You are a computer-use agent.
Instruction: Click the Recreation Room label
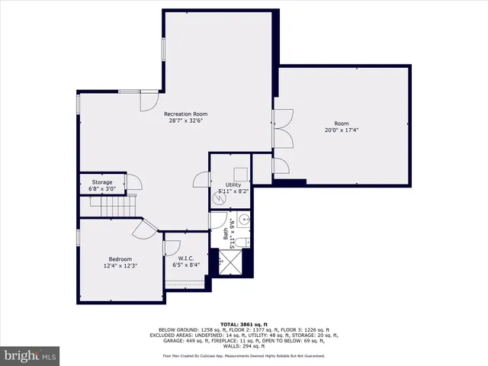[x=186, y=114]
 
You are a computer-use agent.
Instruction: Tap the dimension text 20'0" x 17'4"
[x=341, y=130]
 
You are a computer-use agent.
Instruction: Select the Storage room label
[x=102, y=182]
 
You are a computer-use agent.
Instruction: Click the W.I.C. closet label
[x=186, y=258]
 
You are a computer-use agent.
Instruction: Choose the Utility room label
[x=233, y=185]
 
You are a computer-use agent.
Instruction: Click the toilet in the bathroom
[x=239, y=242]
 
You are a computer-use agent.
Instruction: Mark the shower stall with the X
[x=230, y=262]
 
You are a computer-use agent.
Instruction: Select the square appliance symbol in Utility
[x=239, y=173]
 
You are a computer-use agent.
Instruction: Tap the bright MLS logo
[x=30, y=355]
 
